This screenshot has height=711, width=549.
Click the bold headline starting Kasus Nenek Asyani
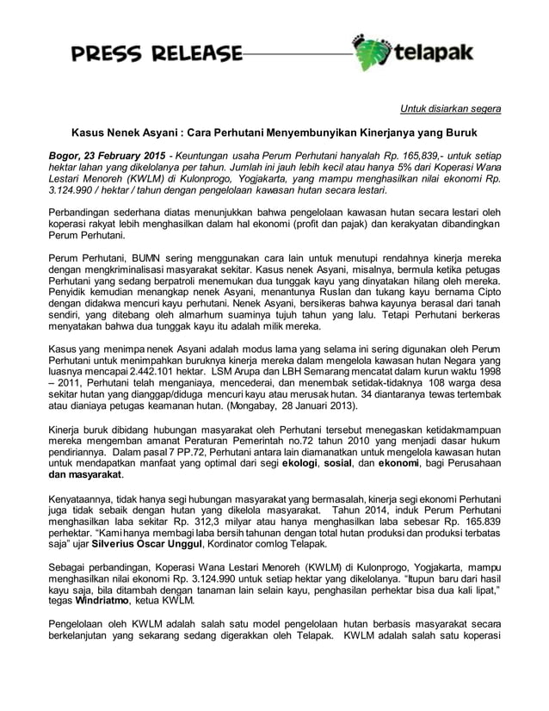click(x=274, y=134)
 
